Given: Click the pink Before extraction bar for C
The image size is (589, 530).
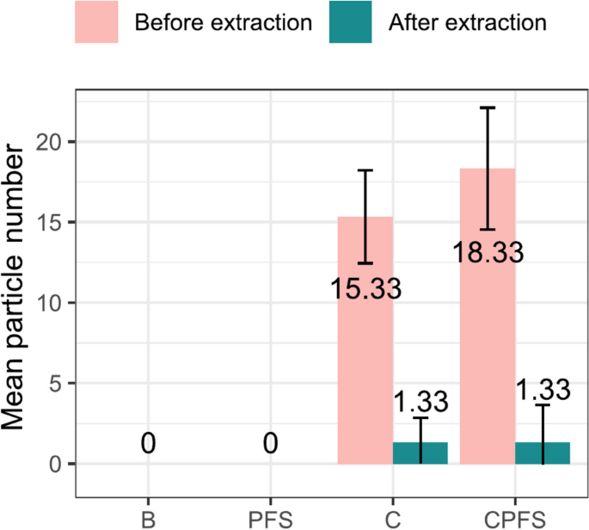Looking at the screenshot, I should [x=365, y=379].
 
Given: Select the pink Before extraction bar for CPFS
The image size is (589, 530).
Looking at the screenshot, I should [x=488, y=361].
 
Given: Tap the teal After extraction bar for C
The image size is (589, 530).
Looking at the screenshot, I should [x=420, y=453].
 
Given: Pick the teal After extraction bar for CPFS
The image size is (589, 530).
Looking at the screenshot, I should [x=543, y=453].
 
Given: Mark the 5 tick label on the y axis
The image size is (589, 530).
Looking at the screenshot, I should [x=58, y=384].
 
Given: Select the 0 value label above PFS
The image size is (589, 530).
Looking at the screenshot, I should [x=271, y=443].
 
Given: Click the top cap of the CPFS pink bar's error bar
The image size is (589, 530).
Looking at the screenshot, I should [x=488, y=108].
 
